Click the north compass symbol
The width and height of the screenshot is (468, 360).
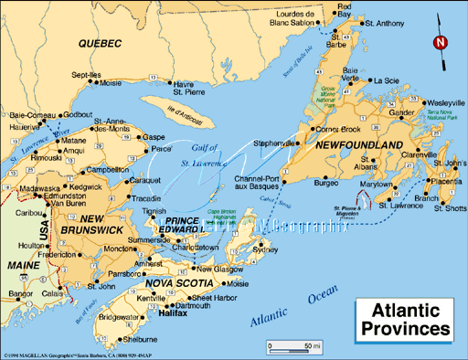[x=441, y=42]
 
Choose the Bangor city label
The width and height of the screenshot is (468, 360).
[x=19, y=294]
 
